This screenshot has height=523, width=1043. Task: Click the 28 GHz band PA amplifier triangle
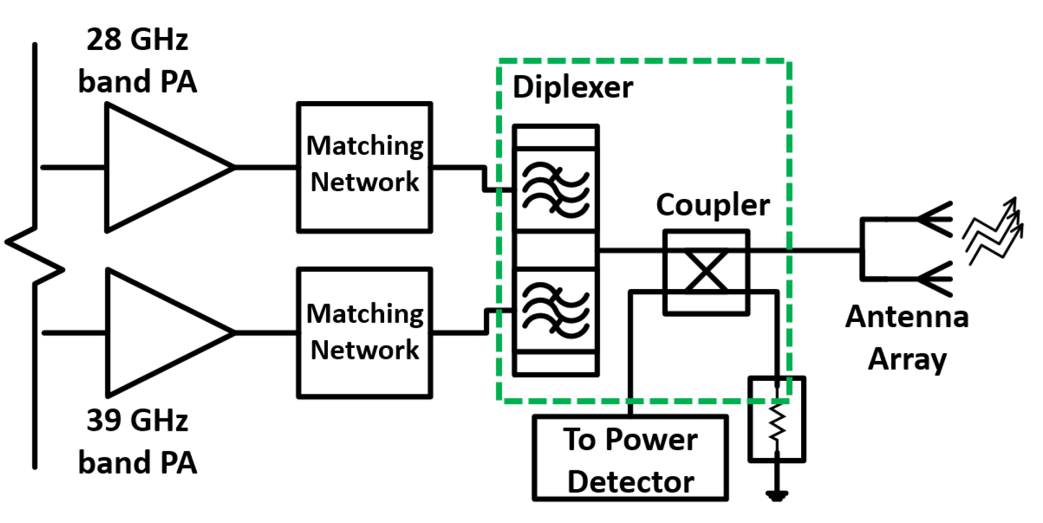tap(156, 168)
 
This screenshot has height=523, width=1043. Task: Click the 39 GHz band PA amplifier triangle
tap(156, 332)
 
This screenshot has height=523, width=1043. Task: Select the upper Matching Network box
tap(364, 167)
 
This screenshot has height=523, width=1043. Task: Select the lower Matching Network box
tap(364, 332)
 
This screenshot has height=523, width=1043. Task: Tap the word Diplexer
tap(572, 87)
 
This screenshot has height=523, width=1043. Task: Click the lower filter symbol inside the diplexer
tap(556, 310)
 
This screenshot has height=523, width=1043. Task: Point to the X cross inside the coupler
tap(706, 271)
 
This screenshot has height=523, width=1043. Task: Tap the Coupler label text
tap(713, 205)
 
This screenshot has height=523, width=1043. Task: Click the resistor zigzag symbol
tap(777, 422)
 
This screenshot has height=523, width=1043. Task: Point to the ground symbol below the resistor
tap(777, 495)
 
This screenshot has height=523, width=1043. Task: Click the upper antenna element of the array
tap(933, 219)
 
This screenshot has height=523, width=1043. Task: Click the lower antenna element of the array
tap(933, 279)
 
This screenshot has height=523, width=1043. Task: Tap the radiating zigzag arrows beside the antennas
tap(993, 232)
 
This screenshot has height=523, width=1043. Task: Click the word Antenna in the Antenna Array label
tap(907, 317)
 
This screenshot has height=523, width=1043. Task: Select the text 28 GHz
tap(137, 40)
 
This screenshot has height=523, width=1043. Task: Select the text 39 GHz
tap(137, 420)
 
